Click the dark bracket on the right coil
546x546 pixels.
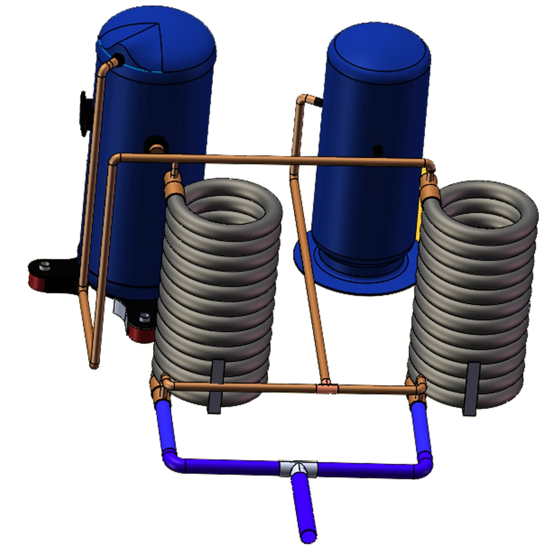coord(471,389)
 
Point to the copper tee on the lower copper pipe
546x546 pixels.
coord(327,388)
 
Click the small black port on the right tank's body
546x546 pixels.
coord(377,149)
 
